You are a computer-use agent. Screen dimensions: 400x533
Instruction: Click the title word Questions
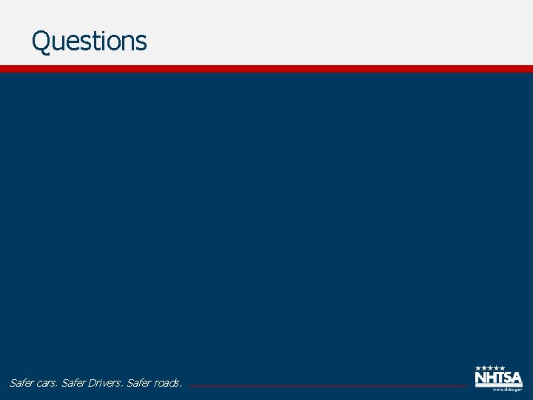(x=89, y=41)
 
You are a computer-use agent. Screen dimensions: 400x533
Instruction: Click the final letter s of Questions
(x=141, y=42)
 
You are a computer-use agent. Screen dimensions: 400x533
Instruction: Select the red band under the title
(x=266, y=69)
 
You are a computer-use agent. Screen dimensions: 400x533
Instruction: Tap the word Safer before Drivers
(x=76, y=383)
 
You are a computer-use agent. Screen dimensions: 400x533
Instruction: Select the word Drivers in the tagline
(x=107, y=383)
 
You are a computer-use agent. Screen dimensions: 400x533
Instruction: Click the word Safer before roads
(x=141, y=383)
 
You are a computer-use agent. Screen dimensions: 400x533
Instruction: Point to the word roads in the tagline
(x=170, y=383)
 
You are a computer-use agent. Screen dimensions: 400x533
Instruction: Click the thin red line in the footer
(x=326, y=386)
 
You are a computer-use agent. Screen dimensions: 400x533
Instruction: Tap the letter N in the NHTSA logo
(x=480, y=379)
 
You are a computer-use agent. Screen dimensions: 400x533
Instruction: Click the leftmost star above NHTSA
(x=478, y=368)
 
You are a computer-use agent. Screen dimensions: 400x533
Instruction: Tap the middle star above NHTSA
(x=490, y=368)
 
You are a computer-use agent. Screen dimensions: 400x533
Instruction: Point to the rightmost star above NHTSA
(x=502, y=368)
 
